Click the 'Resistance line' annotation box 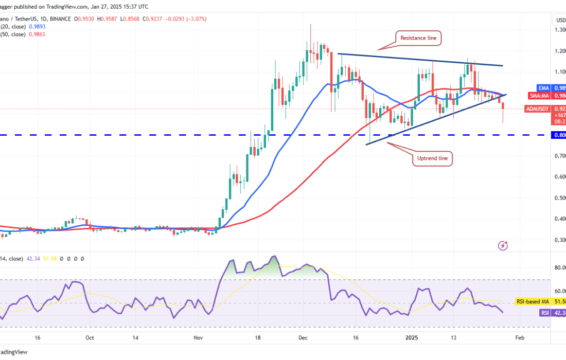click(x=418, y=38)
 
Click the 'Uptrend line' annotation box click(x=432, y=159)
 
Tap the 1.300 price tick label click(x=559, y=30)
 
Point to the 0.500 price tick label click(x=559, y=198)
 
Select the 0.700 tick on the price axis click(x=559, y=156)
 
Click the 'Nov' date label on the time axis click(x=198, y=338)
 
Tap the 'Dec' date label click(x=303, y=338)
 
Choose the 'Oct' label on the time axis click(x=90, y=338)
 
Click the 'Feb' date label click(x=519, y=338)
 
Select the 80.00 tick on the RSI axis click(x=559, y=267)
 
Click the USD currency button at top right click(x=559, y=20)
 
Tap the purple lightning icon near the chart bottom click(x=503, y=246)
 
